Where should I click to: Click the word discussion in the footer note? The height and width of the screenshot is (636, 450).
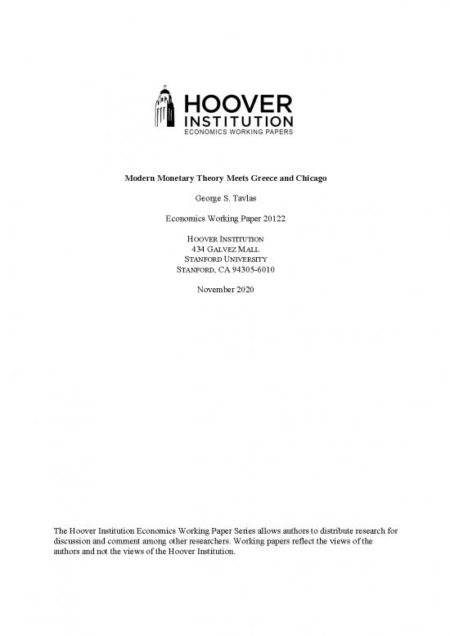(74, 541)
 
